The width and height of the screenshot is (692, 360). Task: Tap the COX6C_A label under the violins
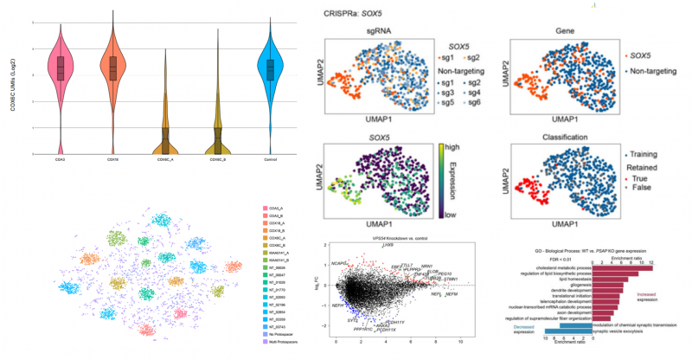pyautogui.click(x=165, y=160)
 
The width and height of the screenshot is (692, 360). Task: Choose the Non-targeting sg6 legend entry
pyautogui.click(x=471, y=103)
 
